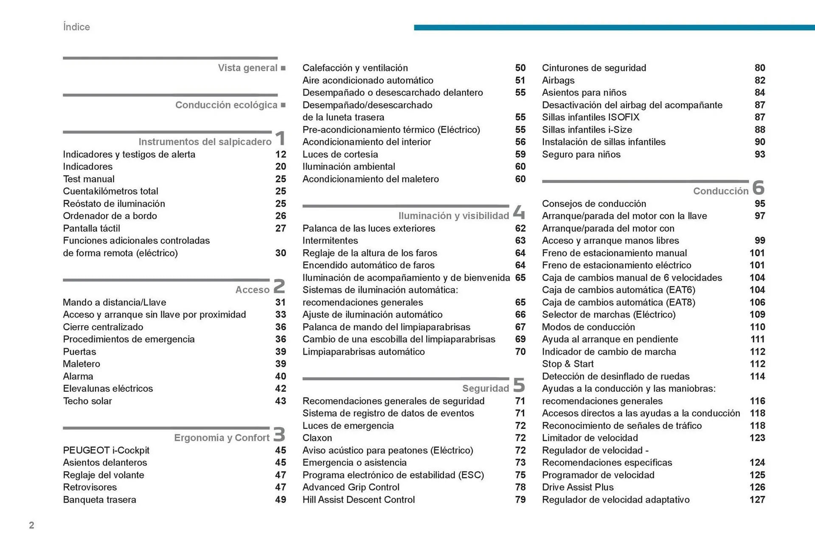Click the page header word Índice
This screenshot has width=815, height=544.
click(x=76, y=27)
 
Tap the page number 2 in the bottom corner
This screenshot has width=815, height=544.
click(x=31, y=525)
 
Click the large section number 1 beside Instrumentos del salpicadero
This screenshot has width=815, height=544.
click(x=280, y=138)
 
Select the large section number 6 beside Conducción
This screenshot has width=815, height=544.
click(x=758, y=188)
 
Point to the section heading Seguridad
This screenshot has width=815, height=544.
click(x=485, y=389)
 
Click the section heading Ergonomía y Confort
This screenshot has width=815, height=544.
click(x=222, y=438)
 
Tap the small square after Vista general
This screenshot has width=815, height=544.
click(x=283, y=68)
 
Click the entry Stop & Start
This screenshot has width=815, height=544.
click(x=568, y=364)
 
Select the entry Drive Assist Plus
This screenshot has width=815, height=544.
click(x=577, y=487)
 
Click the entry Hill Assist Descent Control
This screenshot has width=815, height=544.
click(x=358, y=500)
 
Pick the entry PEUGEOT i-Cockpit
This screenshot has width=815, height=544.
click(x=106, y=450)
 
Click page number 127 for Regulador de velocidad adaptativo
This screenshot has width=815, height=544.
click(x=757, y=500)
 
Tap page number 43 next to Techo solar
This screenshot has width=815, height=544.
click(x=280, y=401)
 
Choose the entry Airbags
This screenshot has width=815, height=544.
click(x=558, y=80)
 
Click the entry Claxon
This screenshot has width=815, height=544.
click(x=317, y=438)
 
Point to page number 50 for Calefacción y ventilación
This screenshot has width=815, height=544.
click(x=520, y=68)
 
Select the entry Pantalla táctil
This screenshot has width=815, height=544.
click(x=91, y=228)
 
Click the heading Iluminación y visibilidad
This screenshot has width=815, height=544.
click(x=453, y=216)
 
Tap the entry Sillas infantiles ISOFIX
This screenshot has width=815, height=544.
click(x=590, y=117)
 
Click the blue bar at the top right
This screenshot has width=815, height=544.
click(x=614, y=28)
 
